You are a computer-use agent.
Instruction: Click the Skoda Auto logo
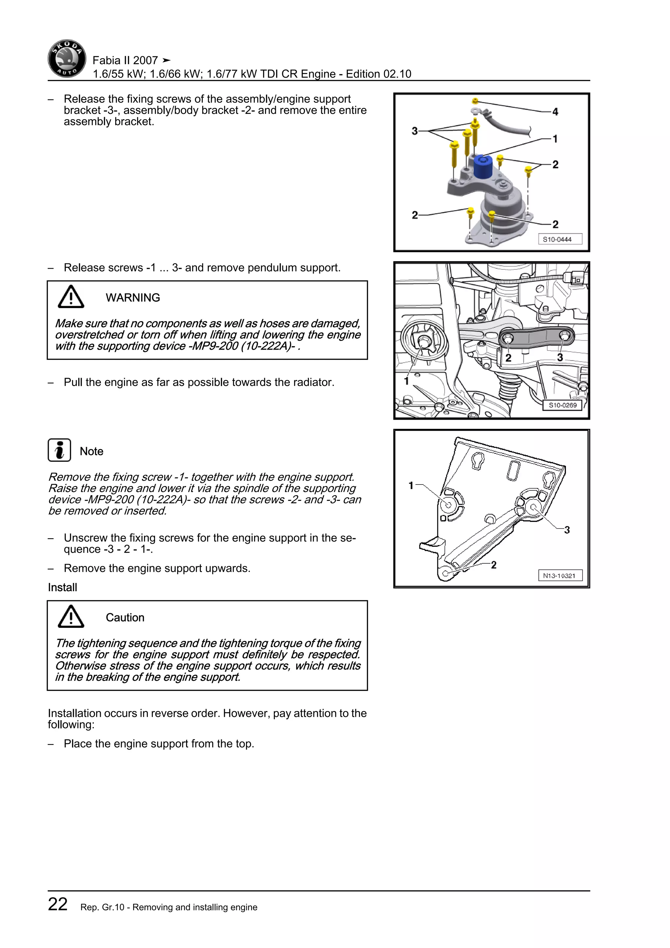[67, 59]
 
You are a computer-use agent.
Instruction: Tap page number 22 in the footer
[58, 904]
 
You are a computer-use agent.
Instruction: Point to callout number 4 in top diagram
[555, 112]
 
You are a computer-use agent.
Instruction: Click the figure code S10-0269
[562, 405]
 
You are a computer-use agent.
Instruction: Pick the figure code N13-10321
[559, 575]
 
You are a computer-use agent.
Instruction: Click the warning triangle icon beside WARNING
[71, 297]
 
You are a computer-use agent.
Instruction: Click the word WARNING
[132, 298]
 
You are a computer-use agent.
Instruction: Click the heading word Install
[62, 587]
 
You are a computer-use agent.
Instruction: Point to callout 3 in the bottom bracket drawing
[567, 530]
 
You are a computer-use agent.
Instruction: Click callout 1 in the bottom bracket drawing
[411, 485]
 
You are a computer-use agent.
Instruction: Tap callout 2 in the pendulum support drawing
[508, 357]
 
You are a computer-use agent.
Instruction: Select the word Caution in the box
[125, 617]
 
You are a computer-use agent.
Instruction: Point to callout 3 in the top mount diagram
[414, 131]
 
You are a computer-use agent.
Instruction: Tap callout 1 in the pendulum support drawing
[406, 381]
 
